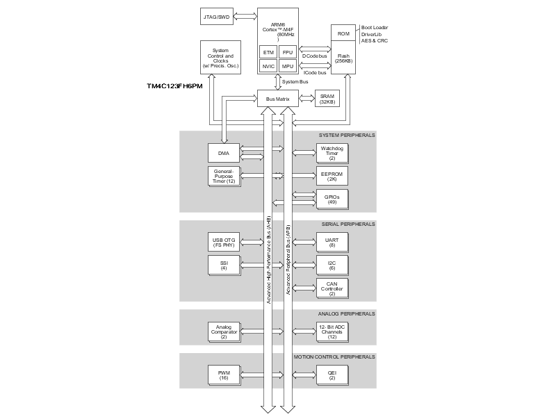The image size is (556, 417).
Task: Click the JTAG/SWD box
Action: pos(217,17)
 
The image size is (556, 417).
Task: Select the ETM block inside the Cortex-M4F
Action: pos(268,52)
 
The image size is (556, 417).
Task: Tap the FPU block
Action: pos(288,52)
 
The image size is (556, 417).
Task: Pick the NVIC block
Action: pos(268,67)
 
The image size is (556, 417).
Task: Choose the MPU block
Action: pos(288,67)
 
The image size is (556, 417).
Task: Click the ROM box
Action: pos(343,33)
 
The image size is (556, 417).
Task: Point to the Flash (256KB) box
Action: pos(343,58)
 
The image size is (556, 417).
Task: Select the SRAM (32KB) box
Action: pos(327,99)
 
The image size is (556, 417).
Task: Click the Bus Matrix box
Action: pos(278,99)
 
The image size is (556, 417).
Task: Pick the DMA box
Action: pos(223,153)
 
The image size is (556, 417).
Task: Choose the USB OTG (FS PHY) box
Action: pos(223,243)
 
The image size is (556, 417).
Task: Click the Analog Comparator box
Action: pos(223,331)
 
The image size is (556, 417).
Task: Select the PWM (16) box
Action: pos(223,375)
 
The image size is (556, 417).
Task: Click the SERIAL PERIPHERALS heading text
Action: pos(348,224)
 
